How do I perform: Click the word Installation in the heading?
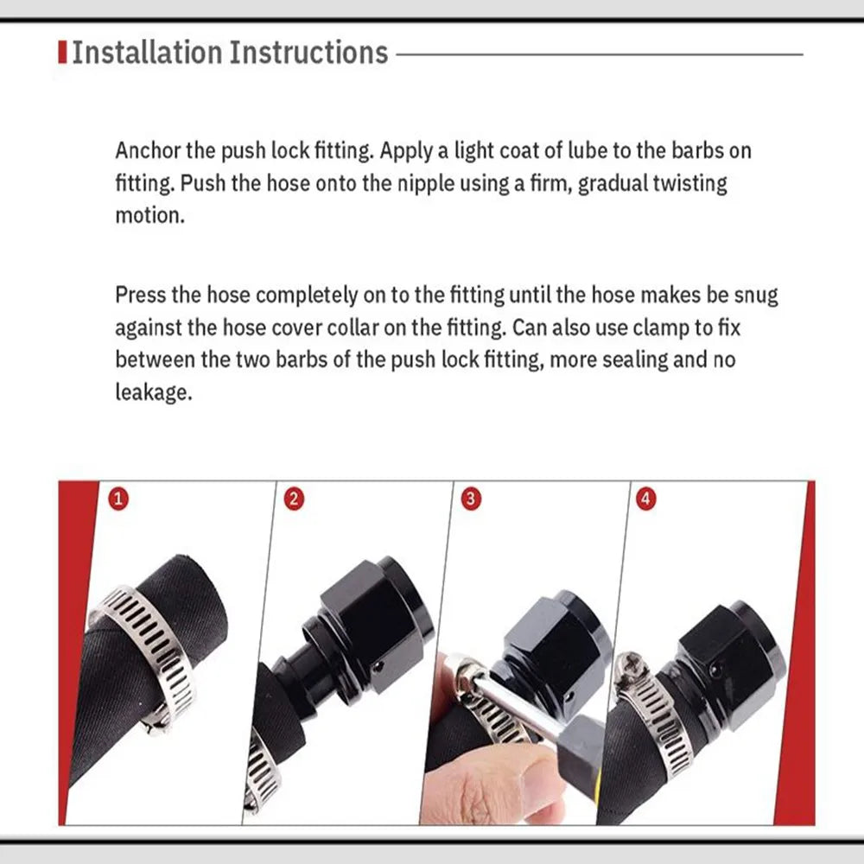click(147, 53)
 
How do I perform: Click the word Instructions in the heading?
click(308, 53)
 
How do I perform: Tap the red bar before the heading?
click(62, 53)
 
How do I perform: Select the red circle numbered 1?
click(118, 499)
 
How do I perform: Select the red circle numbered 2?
click(294, 499)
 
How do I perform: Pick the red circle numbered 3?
click(471, 499)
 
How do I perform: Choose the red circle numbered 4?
click(646, 499)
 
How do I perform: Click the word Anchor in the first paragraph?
click(148, 150)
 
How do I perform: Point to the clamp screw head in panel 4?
click(627, 668)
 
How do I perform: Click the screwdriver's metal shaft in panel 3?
click(518, 709)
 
